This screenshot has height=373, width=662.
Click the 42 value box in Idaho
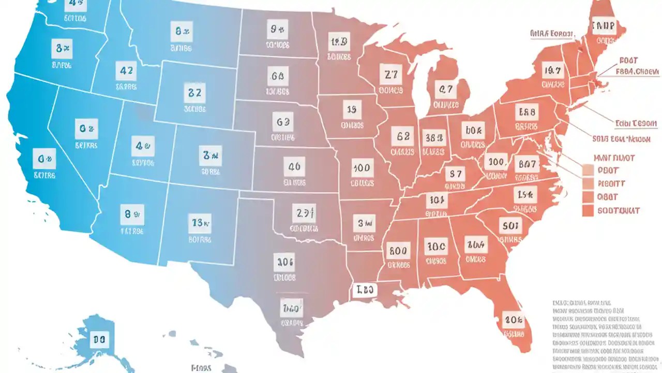(x=126, y=70)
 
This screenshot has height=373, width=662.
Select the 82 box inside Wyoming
(x=194, y=94)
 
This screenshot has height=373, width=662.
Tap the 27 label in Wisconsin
(x=390, y=75)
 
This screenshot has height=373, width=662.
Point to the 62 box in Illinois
(x=403, y=137)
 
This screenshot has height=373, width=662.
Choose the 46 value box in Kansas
(x=294, y=167)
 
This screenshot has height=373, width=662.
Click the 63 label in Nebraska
(x=283, y=122)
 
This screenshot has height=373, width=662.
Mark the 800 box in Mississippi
(x=398, y=251)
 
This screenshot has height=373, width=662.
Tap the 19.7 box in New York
(x=552, y=69)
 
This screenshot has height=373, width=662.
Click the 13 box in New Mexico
(x=199, y=224)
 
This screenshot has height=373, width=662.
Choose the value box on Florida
(x=514, y=320)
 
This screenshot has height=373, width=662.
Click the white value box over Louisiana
(x=365, y=290)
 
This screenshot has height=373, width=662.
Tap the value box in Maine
(x=604, y=25)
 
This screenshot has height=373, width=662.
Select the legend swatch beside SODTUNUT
(x=587, y=210)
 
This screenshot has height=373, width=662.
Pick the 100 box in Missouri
(x=360, y=168)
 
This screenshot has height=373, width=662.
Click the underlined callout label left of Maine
(x=552, y=34)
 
